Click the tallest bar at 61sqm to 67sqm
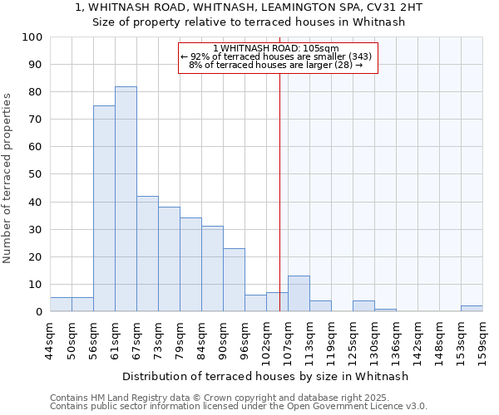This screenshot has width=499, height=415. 126,199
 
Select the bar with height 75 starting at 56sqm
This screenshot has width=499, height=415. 104,208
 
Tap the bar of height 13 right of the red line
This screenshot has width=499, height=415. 299,294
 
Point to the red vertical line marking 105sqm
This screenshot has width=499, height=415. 279,207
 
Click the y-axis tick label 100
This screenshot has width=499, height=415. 32,37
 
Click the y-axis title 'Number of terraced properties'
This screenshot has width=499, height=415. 7,178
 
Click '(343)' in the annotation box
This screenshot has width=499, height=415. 360,56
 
